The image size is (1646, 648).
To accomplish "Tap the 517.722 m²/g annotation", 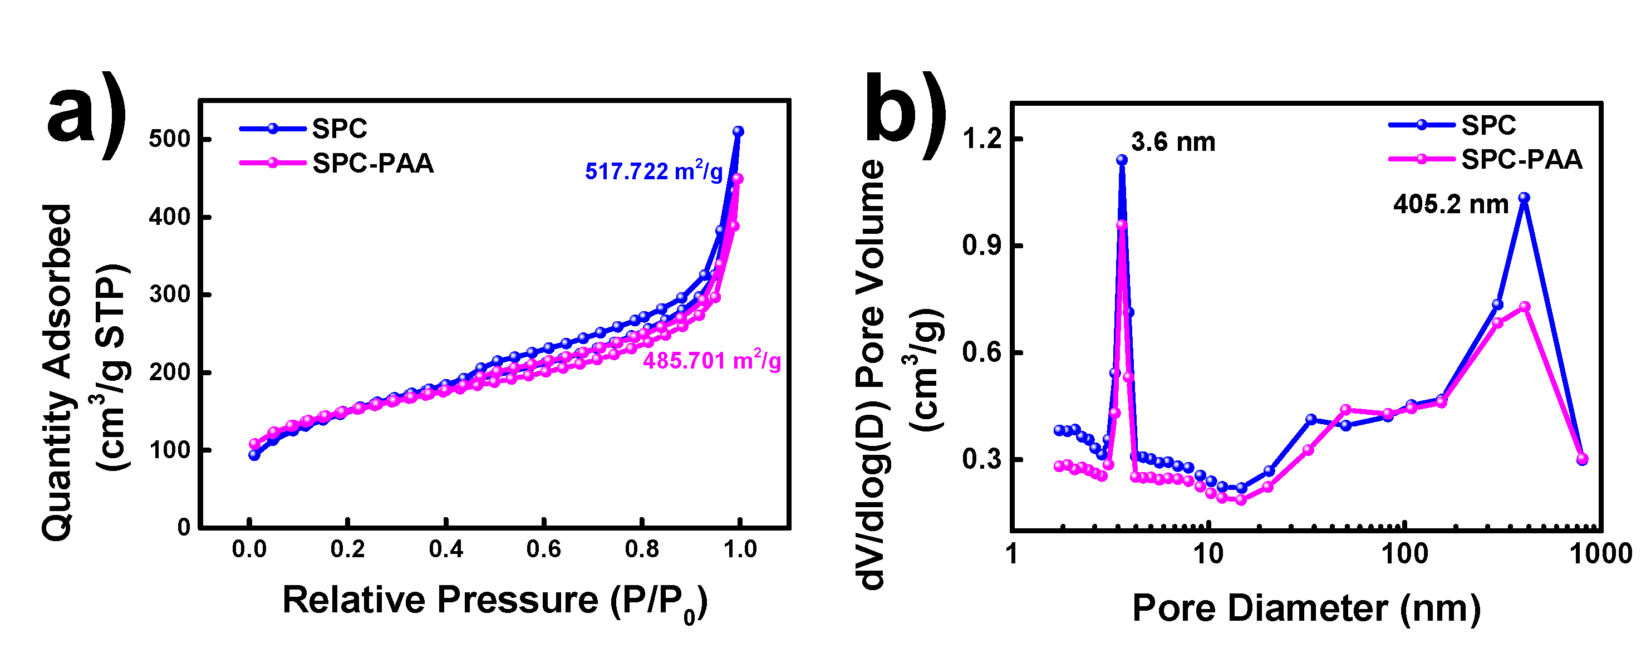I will pyautogui.click(x=653, y=171).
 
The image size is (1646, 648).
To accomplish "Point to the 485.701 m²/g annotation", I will pyautogui.click(x=711, y=361).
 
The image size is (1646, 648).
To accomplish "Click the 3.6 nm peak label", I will pyautogui.click(x=1172, y=142).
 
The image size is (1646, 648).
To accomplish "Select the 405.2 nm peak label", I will pyautogui.click(x=1451, y=204).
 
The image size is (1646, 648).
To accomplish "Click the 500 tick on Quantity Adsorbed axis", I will pyautogui.click(x=169, y=139).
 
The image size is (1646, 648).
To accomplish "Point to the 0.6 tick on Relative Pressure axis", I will pyautogui.click(x=543, y=549).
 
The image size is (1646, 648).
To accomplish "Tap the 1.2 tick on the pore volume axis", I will pyautogui.click(x=981, y=139).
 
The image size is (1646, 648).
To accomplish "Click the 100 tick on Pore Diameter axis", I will pyautogui.click(x=1404, y=553).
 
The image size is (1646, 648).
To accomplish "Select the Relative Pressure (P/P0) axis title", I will pyautogui.click(x=495, y=601).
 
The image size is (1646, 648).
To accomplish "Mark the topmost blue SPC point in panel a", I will pyautogui.click(x=738, y=131).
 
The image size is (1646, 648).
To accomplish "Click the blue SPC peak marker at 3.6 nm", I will pyautogui.click(x=1122, y=160).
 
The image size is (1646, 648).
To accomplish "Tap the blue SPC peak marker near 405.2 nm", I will pyautogui.click(x=1524, y=198).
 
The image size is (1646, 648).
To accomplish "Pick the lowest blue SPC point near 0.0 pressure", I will pyautogui.click(x=254, y=455).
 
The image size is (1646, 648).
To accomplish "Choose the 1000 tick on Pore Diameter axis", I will pyautogui.click(x=1600, y=553).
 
